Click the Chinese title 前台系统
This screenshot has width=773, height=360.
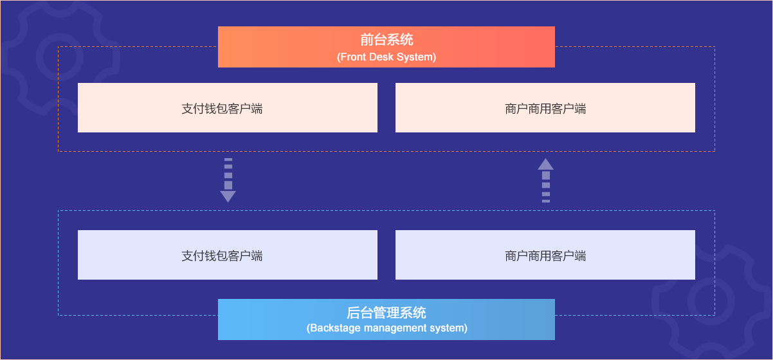click(386, 40)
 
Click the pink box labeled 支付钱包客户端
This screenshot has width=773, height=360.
click(227, 108)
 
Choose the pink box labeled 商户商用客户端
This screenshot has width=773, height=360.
click(545, 108)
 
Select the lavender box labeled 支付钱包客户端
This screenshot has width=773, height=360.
click(227, 255)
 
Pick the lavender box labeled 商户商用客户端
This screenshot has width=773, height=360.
click(545, 255)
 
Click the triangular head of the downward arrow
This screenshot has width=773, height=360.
click(228, 196)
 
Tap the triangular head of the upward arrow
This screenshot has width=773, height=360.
click(545, 164)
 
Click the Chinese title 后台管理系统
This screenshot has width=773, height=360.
click(386, 313)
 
